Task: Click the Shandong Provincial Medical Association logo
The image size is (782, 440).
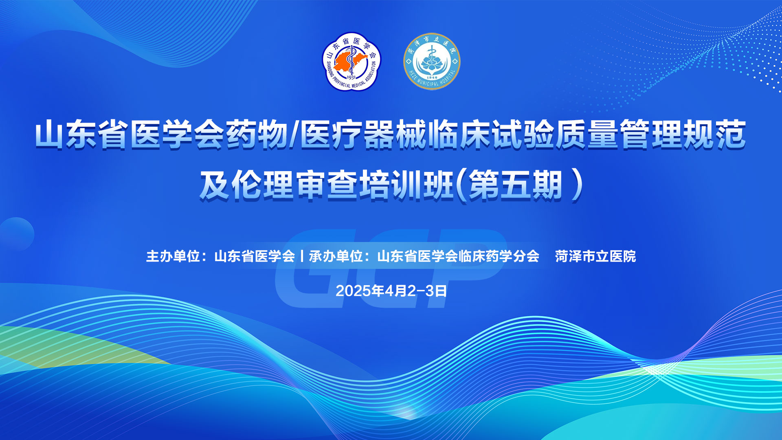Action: (351, 62)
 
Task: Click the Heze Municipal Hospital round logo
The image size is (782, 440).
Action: (432, 62)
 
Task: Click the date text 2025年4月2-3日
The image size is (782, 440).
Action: (391, 291)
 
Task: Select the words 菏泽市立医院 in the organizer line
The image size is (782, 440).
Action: (595, 256)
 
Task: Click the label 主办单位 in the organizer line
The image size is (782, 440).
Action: (173, 256)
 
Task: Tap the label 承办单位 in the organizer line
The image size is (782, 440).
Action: (336, 256)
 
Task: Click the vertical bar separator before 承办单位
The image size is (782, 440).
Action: (302, 256)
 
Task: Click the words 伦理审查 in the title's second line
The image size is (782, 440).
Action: (295, 185)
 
